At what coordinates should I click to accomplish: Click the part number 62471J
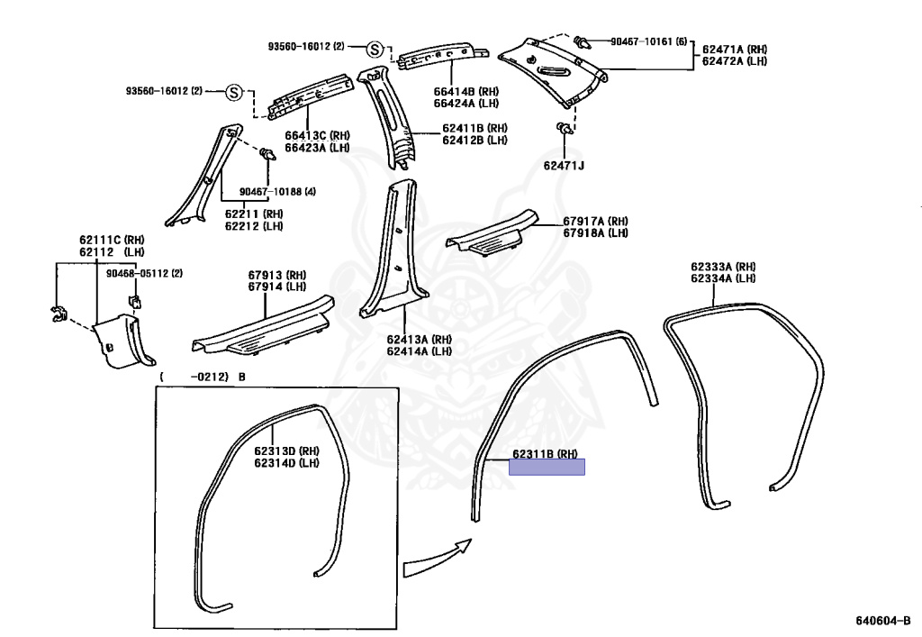564,165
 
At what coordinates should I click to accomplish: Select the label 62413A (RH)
420,340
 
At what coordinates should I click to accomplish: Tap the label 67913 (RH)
277,276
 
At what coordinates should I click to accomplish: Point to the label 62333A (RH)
723,267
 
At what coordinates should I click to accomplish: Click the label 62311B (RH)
545,453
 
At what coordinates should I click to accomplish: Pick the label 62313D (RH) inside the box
287,451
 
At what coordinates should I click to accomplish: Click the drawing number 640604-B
882,621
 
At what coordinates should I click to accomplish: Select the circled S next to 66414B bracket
375,50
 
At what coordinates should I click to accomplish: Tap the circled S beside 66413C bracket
234,92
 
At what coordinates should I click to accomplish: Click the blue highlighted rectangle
547,467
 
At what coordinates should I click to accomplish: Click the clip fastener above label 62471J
564,128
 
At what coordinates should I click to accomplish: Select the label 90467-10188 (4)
277,192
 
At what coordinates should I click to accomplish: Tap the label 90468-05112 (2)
144,274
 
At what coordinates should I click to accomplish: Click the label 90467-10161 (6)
648,41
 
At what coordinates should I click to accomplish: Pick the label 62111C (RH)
112,240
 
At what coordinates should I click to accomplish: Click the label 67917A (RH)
596,221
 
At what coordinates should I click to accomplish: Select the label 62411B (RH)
475,128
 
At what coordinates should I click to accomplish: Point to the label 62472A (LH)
735,61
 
